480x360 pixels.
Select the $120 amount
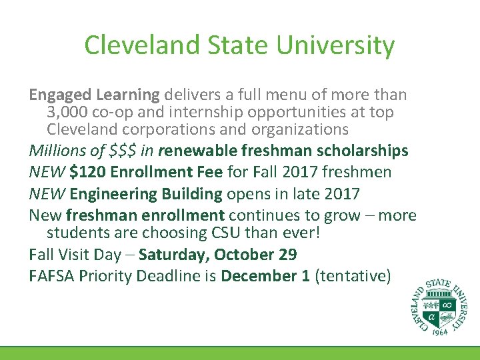click(89, 172)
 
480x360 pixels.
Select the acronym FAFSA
click(51, 275)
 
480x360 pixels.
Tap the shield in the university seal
click(441, 309)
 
